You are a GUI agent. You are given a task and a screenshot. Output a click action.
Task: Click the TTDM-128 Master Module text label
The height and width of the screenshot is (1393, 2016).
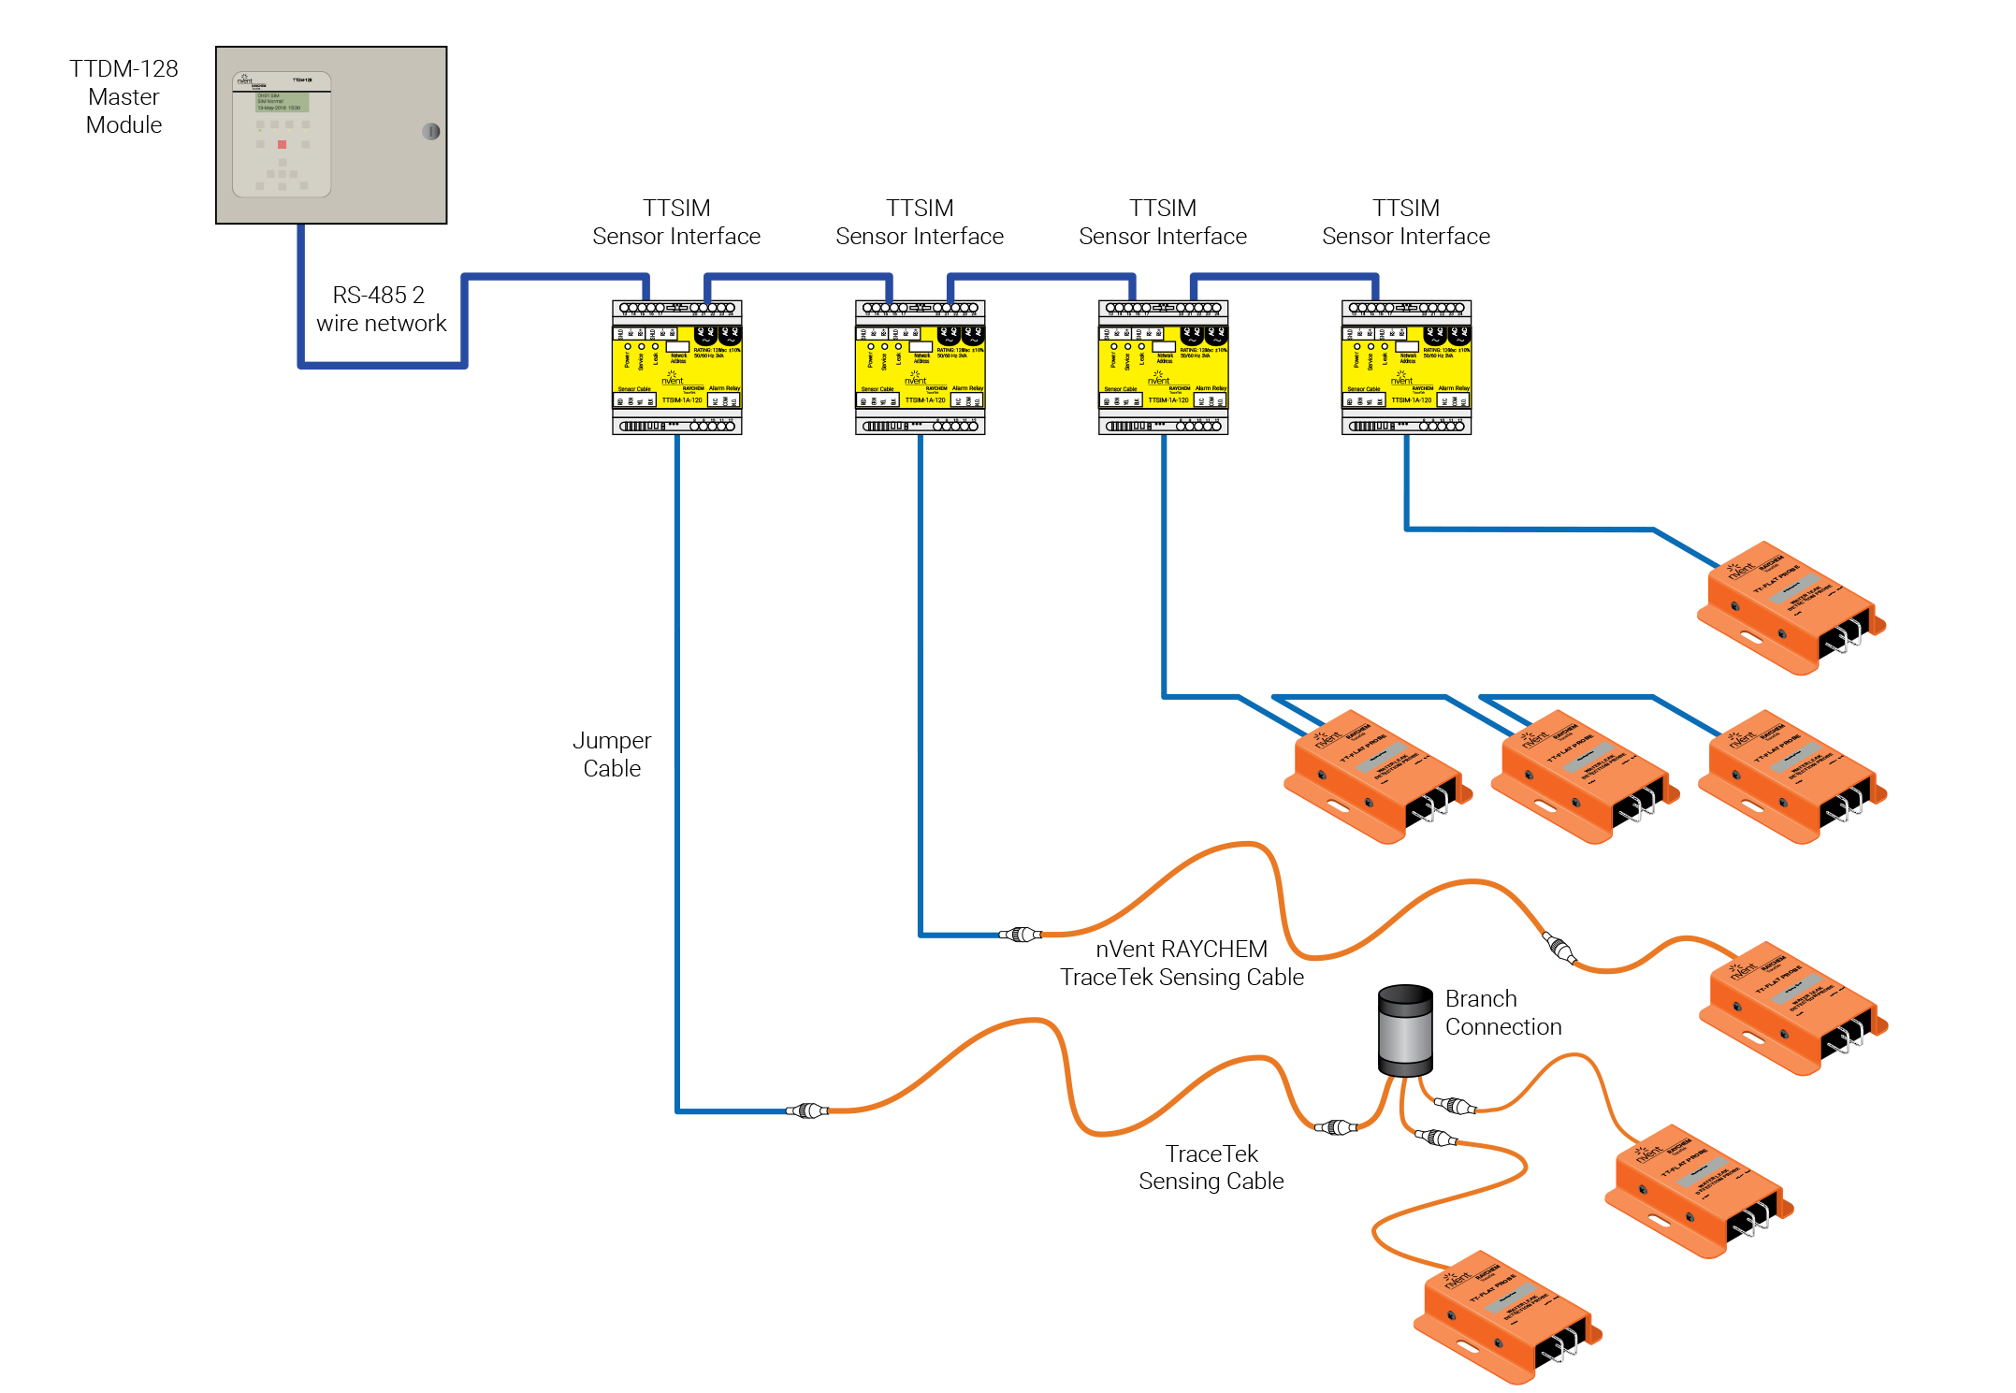[123, 96]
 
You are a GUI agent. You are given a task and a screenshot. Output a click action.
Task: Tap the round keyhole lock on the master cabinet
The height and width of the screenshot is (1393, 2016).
[431, 131]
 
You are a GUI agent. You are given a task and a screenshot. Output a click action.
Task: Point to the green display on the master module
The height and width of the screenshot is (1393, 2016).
[283, 101]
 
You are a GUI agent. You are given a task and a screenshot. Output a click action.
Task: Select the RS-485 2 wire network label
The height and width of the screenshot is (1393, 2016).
[380, 309]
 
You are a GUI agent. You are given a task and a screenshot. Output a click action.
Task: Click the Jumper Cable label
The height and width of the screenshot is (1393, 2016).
[612, 754]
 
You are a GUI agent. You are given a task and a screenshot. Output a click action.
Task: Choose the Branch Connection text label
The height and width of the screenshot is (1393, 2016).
[1502, 1012]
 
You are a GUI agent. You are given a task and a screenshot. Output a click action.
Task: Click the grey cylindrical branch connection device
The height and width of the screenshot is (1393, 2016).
[1404, 1030]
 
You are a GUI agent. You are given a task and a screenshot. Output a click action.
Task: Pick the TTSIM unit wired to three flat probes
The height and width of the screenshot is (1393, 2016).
[1163, 367]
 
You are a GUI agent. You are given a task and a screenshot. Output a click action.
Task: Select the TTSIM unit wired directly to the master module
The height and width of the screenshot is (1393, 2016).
[676, 367]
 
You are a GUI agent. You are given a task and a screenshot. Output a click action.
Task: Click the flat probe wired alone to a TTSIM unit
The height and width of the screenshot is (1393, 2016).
[1791, 607]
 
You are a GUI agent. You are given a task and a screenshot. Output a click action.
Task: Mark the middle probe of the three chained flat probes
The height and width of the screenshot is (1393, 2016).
[1584, 776]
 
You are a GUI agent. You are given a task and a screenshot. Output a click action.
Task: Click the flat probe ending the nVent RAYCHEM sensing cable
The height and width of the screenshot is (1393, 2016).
[1792, 1008]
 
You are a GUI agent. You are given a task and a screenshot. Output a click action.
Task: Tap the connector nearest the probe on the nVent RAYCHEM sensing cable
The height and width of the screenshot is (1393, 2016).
[1559, 948]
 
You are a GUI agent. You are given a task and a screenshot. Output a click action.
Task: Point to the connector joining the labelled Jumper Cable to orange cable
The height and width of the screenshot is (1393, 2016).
[806, 1110]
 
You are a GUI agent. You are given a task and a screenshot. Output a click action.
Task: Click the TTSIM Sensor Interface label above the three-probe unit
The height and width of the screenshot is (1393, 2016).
[1162, 222]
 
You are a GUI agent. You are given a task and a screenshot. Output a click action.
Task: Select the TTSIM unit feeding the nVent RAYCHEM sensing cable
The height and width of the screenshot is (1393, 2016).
[920, 367]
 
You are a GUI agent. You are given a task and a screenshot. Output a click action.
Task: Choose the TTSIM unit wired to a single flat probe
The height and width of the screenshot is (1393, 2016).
[1406, 367]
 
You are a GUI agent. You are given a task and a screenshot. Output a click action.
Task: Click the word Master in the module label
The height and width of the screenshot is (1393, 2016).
[123, 96]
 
